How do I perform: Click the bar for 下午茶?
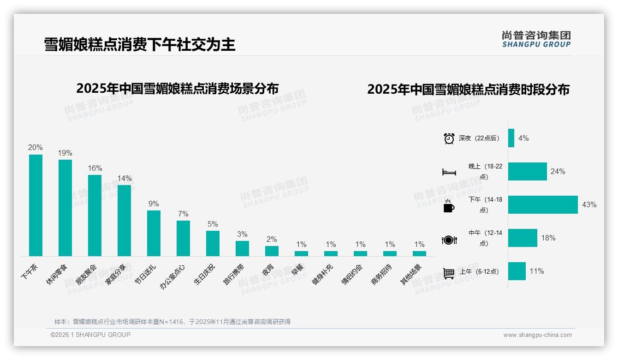pos(36,205)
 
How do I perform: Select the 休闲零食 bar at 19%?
pos(65,208)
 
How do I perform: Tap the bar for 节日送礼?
pos(154,233)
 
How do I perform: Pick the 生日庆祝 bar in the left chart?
pos(213,243)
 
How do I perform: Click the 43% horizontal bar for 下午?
pos(543,204)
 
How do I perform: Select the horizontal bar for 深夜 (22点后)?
pos(511,138)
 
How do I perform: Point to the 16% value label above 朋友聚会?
pos(95,168)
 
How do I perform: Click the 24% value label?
pos(558,171)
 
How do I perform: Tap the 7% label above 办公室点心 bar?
pos(183,214)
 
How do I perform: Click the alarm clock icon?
pos(449,138)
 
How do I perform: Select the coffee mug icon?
pos(449,206)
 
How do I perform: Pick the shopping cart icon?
pos(449,273)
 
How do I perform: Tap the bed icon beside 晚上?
pos(449,172)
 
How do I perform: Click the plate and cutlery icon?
pos(449,240)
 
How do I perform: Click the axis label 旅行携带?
pos(234,274)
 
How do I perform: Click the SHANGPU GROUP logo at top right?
pos(536,39)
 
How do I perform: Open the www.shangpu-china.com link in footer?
pos(537,335)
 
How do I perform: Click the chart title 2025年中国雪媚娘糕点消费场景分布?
pos(178,88)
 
